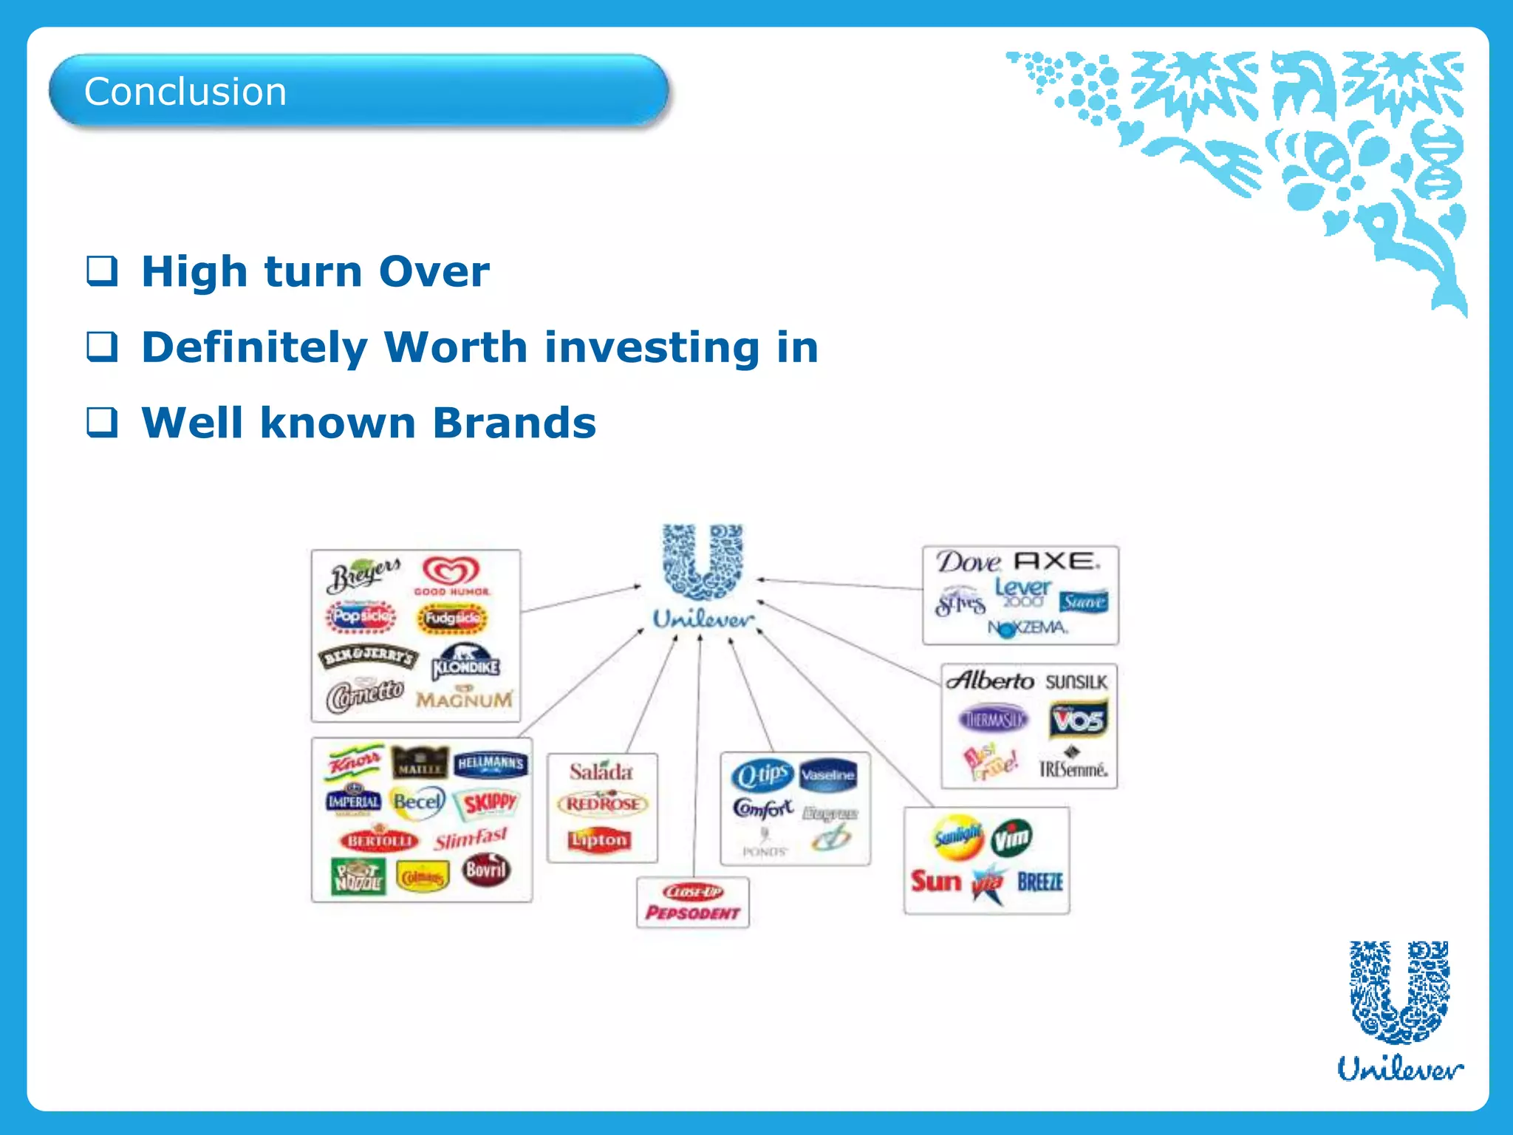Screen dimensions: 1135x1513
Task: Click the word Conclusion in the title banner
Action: click(x=185, y=92)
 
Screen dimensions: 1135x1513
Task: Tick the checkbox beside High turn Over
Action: click(x=102, y=270)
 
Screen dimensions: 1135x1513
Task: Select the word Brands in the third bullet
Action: click(x=514, y=423)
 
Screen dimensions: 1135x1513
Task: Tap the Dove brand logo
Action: click(x=968, y=562)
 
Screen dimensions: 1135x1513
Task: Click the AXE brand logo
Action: click(x=1056, y=562)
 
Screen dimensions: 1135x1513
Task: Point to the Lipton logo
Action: click(x=599, y=840)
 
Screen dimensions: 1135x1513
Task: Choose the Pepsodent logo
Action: click(x=692, y=913)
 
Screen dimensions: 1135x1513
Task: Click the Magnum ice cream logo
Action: click(x=464, y=698)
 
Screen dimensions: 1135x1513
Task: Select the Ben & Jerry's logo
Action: click(x=368, y=656)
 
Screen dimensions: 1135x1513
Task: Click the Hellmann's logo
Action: click(x=491, y=764)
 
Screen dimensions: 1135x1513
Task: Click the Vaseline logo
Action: click(x=827, y=775)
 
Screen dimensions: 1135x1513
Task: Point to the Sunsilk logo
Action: click(x=1076, y=681)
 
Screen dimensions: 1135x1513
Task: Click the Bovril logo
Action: click(x=485, y=870)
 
